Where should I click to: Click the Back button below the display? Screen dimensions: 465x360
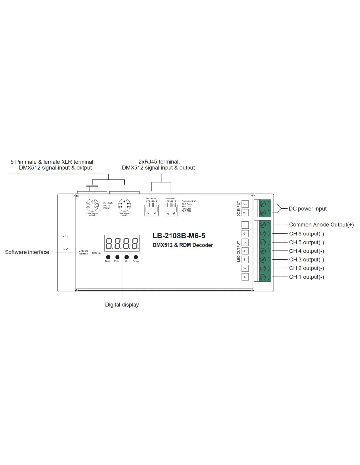pyautogui.click(x=108, y=257)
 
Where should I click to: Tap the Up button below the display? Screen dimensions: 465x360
pyautogui.click(x=126, y=257)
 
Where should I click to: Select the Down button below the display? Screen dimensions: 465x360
pyautogui.click(x=135, y=257)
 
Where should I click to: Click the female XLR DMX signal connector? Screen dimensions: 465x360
pyautogui.click(x=92, y=205)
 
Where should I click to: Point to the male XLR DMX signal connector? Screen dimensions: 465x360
pyautogui.click(x=124, y=205)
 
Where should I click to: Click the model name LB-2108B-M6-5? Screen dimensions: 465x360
pyautogui.click(x=179, y=236)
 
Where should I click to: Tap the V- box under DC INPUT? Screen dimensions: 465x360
pyautogui.click(x=245, y=204)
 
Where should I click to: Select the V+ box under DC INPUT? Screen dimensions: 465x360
pyautogui.click(x=245, y=213)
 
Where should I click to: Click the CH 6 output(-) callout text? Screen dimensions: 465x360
pyautogui.click(x=306, y=234)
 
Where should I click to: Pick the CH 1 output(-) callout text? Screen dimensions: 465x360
pyautogui.click(x=306, y=277)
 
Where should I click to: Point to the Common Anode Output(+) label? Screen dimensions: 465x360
pyautogui.click(x=321, y=225)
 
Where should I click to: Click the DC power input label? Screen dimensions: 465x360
pyautogui.click(x=307, y=209)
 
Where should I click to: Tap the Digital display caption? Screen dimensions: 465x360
pyautogui.click(x=122, y=305)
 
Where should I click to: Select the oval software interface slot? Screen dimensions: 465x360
pyautogui.click(x=65, y=243)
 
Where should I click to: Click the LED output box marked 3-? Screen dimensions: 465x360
pyautogui.click(x=245, y=260)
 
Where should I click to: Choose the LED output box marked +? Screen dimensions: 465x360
pyautogui.click(x=245, y=225)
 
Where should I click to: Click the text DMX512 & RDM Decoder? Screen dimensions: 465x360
pyautogui.click(x=183, y=245)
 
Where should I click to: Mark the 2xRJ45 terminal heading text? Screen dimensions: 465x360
pyautogui.click(x=159, y=162)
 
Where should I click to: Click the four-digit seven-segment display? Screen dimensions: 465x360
pyautogui.click(x=122, y=243)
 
